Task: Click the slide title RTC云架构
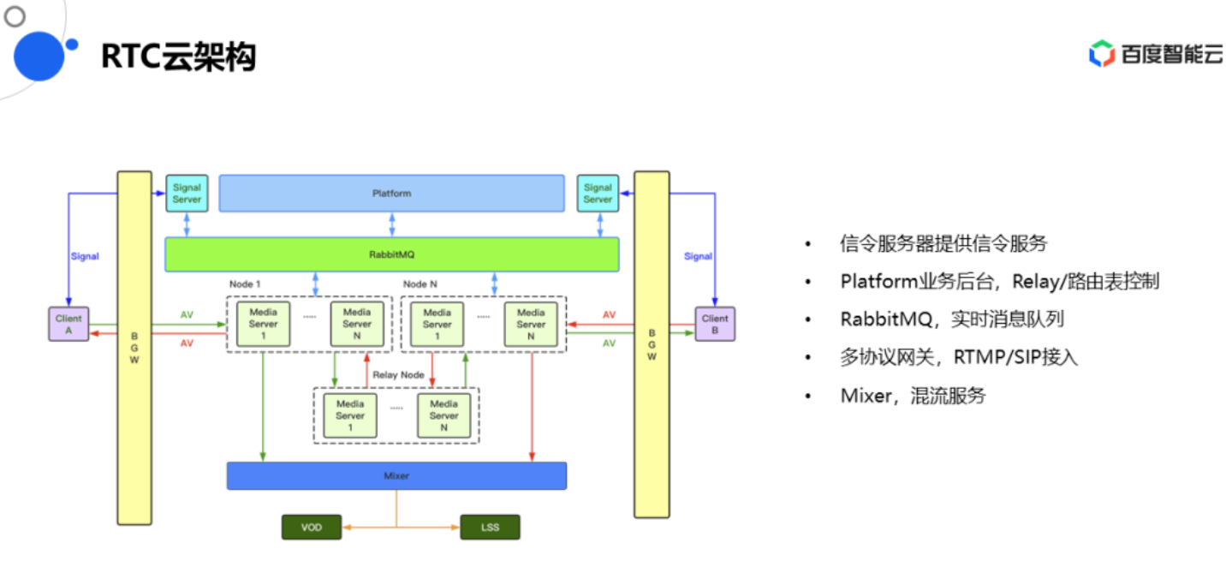pyautogui.click(x=178, y=57)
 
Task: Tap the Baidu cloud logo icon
pyautogui.click(x=1101, y=53)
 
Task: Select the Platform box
pyautogui.click(x=391, y=193)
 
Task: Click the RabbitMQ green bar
pyautogui.click(x=391, y=254)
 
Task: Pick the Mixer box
pyautogui.click(x=396, y=475)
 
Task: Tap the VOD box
pyautogui.click(x=312, y=527)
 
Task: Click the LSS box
pyautogui.click(x=490, y=527)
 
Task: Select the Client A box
pyautogui.click(x=68, y=324)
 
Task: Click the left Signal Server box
pyautogui.click(x=187, y=193)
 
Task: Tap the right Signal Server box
pyautogui.click(x=598, y=193)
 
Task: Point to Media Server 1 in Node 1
pyautogui.click(x=263, y=324)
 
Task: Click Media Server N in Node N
pyautogui.click(x=531, y=324)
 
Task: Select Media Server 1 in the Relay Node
pyautogui.click(x=350, y=415)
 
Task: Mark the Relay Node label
pyautogui.click(x=398, y=375)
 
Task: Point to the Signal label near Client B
pyautogui.click(x=698, y=256)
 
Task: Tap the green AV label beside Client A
pyautogui.click(x=187, y=315)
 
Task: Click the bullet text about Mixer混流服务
pyautogui.click(x=913, y=396)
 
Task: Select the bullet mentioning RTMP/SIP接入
pyautogui.click(x=958, y=357)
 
